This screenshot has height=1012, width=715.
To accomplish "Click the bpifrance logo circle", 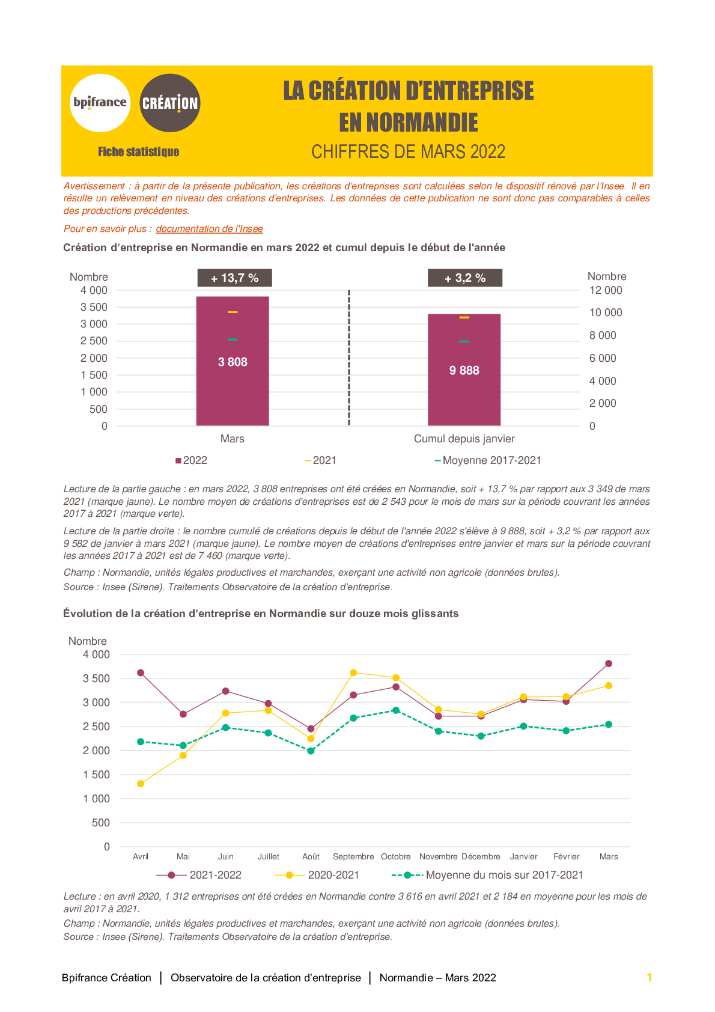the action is coord(100,103).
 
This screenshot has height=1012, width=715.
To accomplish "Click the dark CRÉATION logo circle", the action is coord(170,103).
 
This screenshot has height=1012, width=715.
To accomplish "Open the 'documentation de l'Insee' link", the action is coord(209,229).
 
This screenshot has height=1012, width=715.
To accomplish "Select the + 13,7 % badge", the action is coord(234,278).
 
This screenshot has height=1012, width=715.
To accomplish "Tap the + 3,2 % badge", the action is coord(465,278).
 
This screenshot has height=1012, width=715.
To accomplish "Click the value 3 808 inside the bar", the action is coord(233,362).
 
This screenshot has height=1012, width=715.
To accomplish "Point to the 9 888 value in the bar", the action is coord(464,370).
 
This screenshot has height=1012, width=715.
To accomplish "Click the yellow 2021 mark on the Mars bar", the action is coord(233,312).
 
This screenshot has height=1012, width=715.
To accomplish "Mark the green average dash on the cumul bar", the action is coord(464,341).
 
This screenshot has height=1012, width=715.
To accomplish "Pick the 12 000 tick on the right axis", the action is coord(606,290).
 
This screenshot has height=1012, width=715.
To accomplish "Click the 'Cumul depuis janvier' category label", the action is coord(464,439).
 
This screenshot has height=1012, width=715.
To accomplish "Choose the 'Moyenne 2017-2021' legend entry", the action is coord(488,460).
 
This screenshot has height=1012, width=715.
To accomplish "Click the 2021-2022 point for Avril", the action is coord(141,673).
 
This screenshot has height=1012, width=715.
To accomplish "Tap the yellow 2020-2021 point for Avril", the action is coord(141,784).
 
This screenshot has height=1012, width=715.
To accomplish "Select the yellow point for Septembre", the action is coord(353,672).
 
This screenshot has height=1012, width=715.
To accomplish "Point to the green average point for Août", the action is coord(311,751).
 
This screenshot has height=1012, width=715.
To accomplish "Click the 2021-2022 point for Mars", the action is coord(609,663).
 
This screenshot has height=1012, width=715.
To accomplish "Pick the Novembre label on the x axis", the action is coord(438,856).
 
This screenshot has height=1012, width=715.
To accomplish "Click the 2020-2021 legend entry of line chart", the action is coord(316,875).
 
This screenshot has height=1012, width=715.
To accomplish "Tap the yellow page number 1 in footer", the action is coord(650,977).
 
